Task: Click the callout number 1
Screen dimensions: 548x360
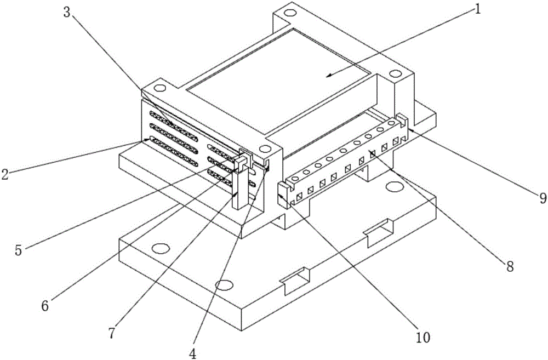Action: click(x=477, y=9)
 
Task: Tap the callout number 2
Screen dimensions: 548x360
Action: click(x=4, y=174)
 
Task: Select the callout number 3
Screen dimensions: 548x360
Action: click(x=67, y=12)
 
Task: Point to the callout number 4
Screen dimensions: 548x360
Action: click(x=192, y=353)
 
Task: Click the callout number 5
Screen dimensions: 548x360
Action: click(x=19, y=249)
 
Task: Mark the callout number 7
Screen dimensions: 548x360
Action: click(x=111, y=333)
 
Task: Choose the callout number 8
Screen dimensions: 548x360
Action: click(x=510, y=266)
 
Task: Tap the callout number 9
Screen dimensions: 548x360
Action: click(x=543, y=198)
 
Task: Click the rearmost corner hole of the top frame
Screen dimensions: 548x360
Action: click(x=289, y=14)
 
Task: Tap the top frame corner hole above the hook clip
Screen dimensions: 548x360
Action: click(x=265, y=148)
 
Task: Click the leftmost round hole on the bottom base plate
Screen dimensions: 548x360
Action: click(x=161, y=249)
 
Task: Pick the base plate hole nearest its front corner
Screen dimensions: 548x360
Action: click(x=224, y=285)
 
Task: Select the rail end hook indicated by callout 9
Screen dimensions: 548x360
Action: click(x=402, y=126)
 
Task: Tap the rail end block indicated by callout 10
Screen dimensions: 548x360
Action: click(x=284, y=195)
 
